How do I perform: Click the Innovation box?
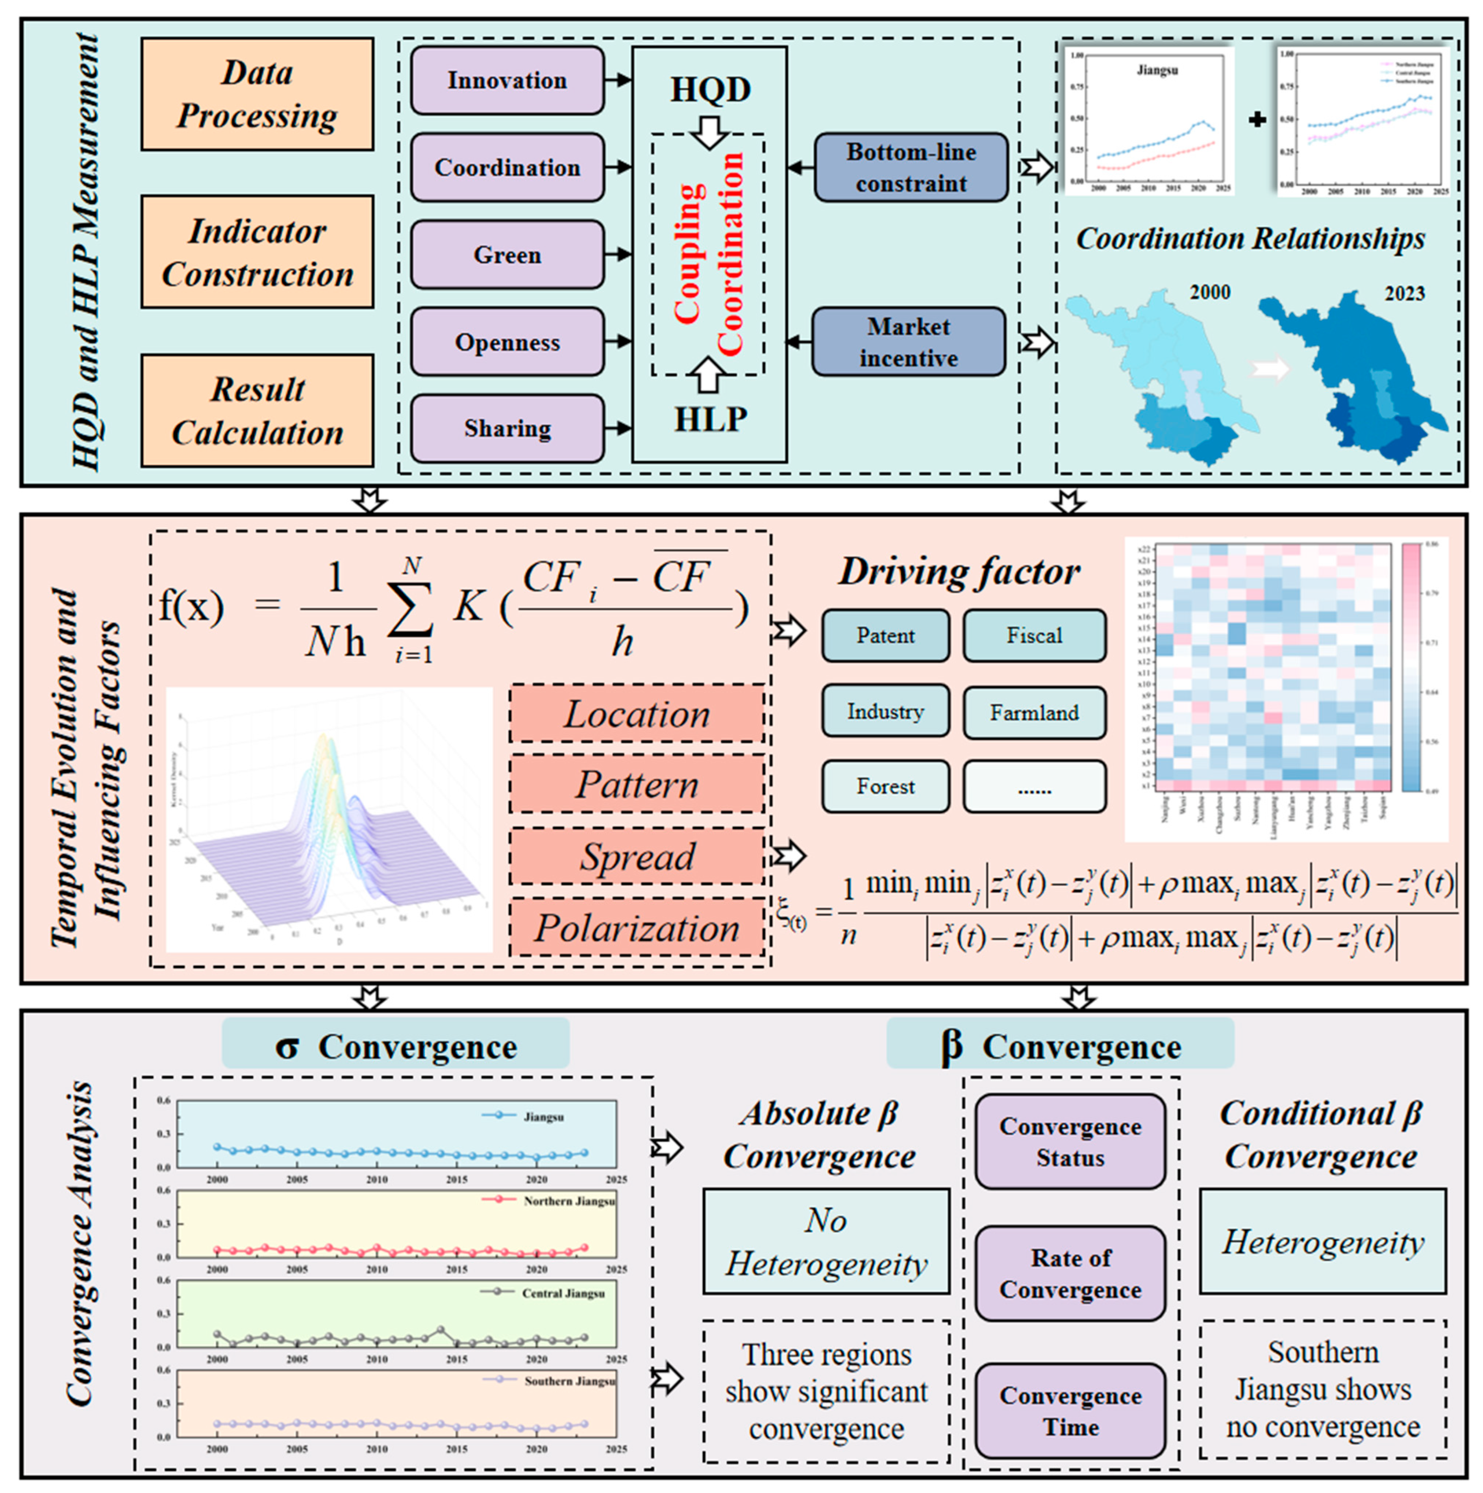coord(507,80)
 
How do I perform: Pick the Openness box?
coord(507,341)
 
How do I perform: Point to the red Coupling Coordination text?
coord(709,254)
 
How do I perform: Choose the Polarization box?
coord(637,927)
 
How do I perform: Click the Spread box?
coord(637,856)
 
